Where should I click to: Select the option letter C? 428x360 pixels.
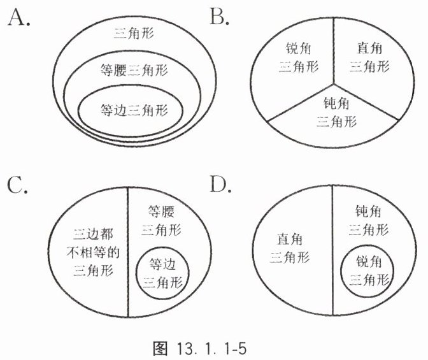point(18,185)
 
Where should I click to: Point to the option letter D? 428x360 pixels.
point(220,185)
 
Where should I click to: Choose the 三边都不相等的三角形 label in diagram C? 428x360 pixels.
point(89,252)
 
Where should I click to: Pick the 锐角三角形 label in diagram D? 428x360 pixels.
point(369,270)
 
